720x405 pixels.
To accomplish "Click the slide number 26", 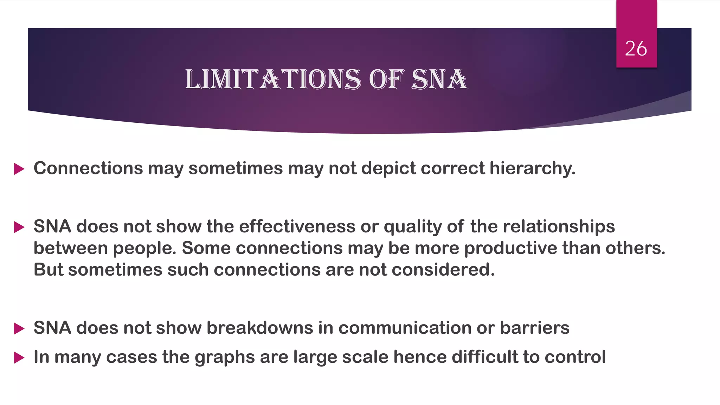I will click(x=636, y=49).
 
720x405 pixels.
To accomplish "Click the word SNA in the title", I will click(x=439, y=79).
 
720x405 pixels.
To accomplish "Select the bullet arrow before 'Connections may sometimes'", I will click(x=19, y=169).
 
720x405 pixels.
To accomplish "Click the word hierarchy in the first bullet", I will click(x=532, y=168).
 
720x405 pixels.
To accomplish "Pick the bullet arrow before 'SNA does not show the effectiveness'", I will click(x=19, y=227).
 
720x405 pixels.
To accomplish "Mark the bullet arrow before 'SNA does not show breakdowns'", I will click(x=19, y=329).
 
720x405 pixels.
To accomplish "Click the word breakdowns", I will click(x=260, y=328).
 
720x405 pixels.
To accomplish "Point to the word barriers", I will click(x=534, y=328).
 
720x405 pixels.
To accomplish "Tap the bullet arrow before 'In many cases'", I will click(x=19, y=358).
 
